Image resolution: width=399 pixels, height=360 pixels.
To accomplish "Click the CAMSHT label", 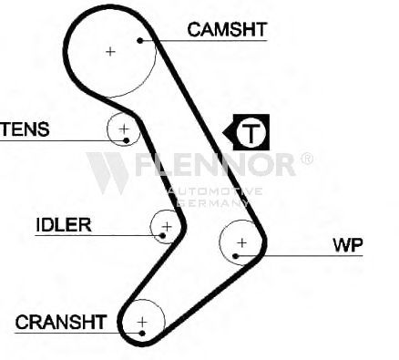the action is pos(227,29).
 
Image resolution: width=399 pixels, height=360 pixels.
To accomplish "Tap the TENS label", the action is pos(25,129).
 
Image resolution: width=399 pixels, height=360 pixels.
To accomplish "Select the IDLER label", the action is pos(64,225).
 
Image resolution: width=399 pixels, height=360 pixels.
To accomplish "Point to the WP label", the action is pos(348,244).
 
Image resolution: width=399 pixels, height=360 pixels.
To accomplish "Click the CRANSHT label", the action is pos(61,322).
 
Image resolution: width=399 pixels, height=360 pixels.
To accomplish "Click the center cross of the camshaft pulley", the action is pos(110,52).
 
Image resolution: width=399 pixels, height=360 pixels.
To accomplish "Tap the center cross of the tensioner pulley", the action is pos(124,129).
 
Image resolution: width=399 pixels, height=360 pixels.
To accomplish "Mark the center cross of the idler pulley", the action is pos(167,227).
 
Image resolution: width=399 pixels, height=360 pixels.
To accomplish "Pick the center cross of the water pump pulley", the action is pos(242,242).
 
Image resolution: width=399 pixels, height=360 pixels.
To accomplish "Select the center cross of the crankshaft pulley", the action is pos(142,322).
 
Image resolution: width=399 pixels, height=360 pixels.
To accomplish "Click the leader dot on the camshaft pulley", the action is pos(140,40).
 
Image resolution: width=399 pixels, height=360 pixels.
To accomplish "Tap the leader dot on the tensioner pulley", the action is pos(127,140).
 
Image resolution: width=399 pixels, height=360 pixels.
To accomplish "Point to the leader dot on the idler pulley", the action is pos(162,235).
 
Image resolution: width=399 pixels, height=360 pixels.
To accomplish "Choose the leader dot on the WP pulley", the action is pos(235,256).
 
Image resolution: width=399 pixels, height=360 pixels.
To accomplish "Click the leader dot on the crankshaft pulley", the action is pos(142,334).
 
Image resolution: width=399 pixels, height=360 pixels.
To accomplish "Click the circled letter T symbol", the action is pos(251,132).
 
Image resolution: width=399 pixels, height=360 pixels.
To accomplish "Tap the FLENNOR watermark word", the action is pos(215,164).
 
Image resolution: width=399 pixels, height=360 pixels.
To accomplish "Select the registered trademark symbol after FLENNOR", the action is pos(306,159).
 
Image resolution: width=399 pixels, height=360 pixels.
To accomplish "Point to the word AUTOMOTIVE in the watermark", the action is pos(215,191).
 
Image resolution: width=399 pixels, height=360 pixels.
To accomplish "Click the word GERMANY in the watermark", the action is pos(213,203).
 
